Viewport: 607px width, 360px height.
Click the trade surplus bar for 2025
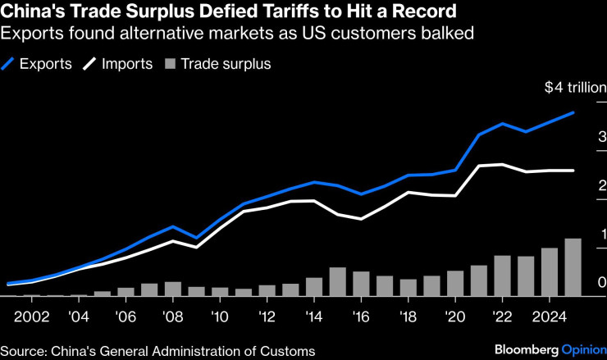[573, 267]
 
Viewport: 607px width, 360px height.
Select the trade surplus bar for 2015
[338, 282]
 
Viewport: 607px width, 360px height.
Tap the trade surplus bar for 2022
[503, 276]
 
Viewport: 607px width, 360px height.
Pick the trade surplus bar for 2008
[172, 289]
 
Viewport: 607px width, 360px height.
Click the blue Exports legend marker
[7, 64]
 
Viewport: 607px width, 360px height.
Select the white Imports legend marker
[89, 64]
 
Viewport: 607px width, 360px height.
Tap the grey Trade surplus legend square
[171, 64]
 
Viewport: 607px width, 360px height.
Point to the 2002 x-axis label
[32, 317]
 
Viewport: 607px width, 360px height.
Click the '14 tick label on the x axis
[313, 317]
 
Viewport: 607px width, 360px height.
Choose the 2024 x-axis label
[550, 317]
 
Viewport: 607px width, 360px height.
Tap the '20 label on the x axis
[455, 317]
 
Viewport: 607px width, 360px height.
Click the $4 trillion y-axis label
[576, 87]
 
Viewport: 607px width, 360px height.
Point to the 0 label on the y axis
[602, 282]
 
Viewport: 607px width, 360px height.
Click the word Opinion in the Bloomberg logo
[584, 350]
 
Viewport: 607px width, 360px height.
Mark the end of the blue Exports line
[573, 112]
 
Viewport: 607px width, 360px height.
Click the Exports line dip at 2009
[196, 238]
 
